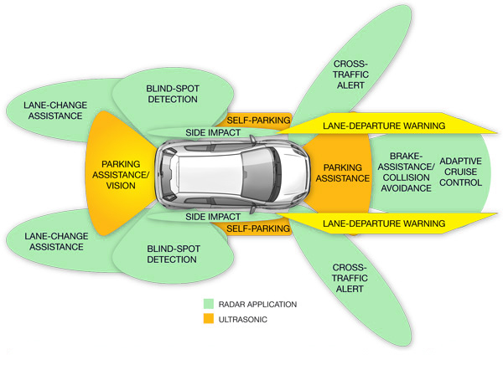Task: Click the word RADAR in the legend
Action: pyautogui.click(x=232, y=304)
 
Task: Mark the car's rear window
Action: pyautogui.click(x=174, y=174)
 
